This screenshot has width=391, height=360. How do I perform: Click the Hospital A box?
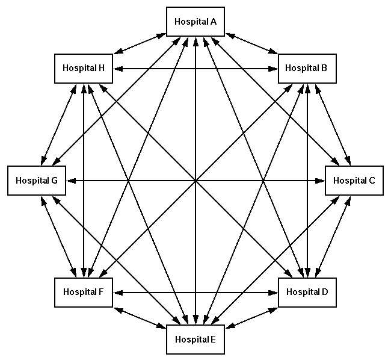coord(195,22)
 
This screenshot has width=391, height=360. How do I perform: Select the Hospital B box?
coord(307,68)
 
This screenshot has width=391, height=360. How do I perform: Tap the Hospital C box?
coord(354,180)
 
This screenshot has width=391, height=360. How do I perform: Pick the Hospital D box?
coord(307,292)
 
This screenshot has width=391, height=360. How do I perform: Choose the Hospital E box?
coord(195,338)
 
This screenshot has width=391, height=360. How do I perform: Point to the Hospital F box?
coord(84,292)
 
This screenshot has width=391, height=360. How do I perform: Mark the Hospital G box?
coord(37,180)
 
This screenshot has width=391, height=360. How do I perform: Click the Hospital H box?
coord(84,68)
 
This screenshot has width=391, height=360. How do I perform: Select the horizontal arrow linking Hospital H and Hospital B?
coord(195,68)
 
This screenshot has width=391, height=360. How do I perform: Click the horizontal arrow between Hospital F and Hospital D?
coord(195,293)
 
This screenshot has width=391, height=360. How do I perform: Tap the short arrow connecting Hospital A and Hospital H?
coord(140,45)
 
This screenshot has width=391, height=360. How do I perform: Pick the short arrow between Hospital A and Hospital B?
coord(251,45)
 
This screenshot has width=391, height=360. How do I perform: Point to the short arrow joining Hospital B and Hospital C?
coord(330,124)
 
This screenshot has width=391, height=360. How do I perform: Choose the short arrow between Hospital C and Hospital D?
coord(330,236)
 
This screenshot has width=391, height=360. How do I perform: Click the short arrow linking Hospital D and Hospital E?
coord(251,315)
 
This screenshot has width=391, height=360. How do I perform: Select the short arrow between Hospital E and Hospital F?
coord(140,315)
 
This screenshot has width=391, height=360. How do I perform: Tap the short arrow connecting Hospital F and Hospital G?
coord(60,236)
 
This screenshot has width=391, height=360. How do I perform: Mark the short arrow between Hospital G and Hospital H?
coord(60,124)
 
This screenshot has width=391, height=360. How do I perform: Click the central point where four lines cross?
coord(195,180)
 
